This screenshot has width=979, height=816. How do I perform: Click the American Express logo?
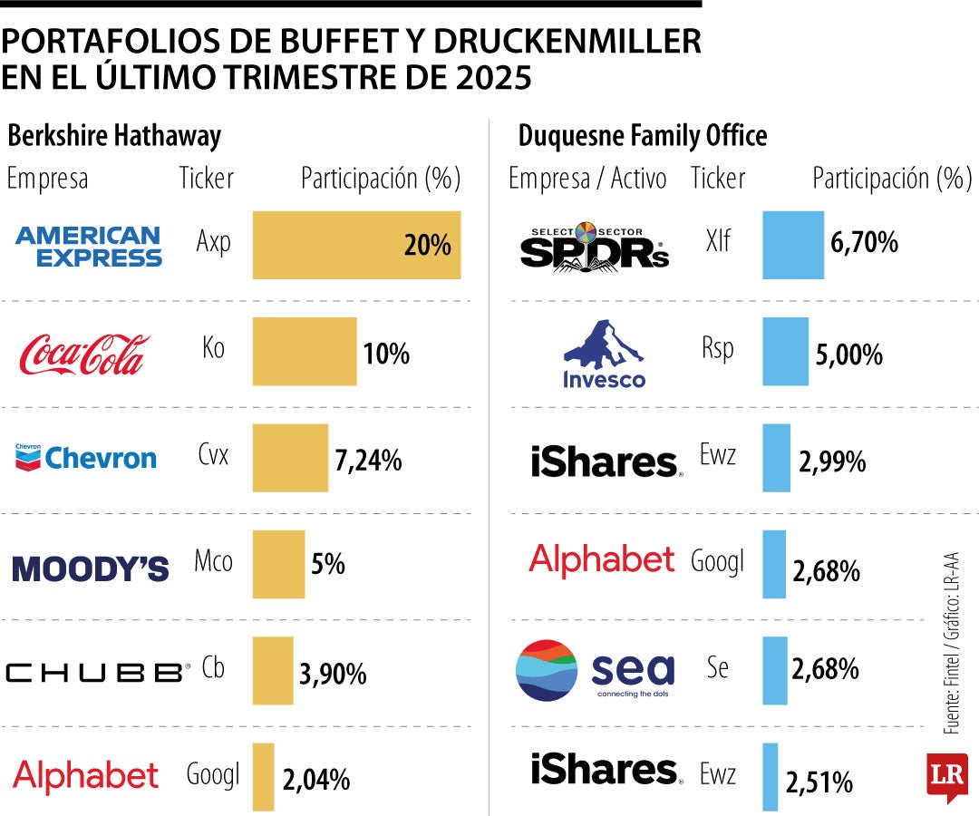point(89,246)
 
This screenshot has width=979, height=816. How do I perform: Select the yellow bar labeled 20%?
point(355,245)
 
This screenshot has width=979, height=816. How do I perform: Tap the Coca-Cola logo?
point(85,354)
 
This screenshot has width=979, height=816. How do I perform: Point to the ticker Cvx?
point(213,454)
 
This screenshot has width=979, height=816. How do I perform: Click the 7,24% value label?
point(368,461)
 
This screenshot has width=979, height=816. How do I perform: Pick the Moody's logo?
point(91,568)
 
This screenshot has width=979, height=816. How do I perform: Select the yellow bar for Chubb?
point(272,670)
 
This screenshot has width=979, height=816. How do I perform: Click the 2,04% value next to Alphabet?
point(316,780)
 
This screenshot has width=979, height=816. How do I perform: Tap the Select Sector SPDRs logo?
point(595,247)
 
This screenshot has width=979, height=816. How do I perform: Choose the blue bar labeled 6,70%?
point(792,245)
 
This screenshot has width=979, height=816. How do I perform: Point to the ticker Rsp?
point(717,349)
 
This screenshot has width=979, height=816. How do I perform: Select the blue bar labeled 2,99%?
point(776,458)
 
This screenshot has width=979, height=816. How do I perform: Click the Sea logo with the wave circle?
point(595,671)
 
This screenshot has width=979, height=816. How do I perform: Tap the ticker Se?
point(717,668)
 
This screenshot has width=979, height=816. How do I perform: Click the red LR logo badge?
point(946,776)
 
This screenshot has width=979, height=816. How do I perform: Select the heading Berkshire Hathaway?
point(114,136)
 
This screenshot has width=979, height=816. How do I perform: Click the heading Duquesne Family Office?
point(643,136)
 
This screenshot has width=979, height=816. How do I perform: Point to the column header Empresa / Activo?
point(587,179)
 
